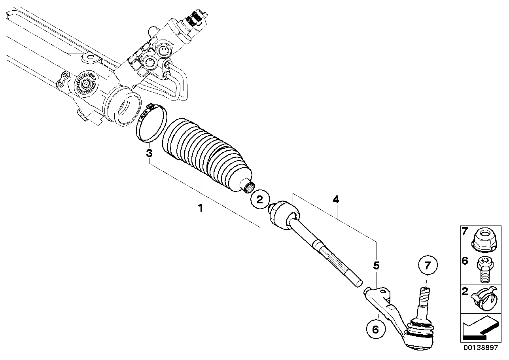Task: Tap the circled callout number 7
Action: (428, 265)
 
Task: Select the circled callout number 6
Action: (376, 329)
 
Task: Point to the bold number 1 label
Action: (201, 208)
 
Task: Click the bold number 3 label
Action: (149, 153)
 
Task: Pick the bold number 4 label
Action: (336, 200)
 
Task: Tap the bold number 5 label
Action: (376, 265)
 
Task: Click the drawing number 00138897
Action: (481, 347)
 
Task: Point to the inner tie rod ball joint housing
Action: (284, 214)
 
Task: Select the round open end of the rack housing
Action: (123, 107)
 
